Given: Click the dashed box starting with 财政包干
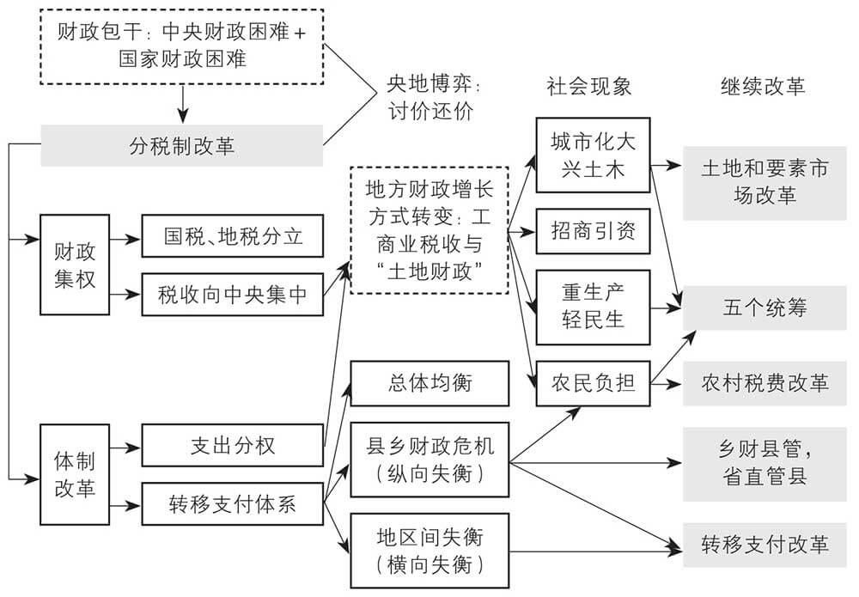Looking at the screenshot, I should pyautogui.click(x=182, y=47).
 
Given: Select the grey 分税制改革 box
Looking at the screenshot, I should pyautogui.click(x=182, y=145).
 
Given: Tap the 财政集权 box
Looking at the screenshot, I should pyautogui.click(x=75, y=265).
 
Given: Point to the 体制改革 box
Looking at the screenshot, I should pyautogui.click(x=75, y=474).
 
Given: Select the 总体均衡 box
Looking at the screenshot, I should pyautogui.click(x=429, y=382).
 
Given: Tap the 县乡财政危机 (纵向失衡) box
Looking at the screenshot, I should pyautogui.click(x=429, y=459).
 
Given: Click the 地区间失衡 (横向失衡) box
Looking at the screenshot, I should pyautogui.click(x=429, y=551).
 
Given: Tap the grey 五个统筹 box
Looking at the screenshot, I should pyautogui.click(x=765, y=308).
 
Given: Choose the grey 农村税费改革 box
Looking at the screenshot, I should pyautogui.click(x=765, y=382).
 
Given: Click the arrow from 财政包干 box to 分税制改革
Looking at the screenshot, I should pyautogui.click(x=182, y=104).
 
